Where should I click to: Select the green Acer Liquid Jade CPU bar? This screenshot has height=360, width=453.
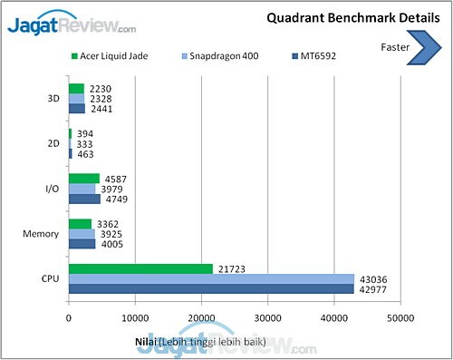pyautogui.click(x=140, y=268)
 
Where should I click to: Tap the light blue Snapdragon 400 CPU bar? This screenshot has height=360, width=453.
pyautogui.click(x=211, y=278)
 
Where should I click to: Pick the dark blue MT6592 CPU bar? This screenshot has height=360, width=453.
pyautogui.click(x=211, y=289)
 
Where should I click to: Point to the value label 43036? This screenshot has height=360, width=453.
pyautogui.click(x=373, y=278)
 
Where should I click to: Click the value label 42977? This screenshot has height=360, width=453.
pyautogui.click(x=373, y=289)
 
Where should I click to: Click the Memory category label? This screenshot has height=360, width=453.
pyautogui.click(x=41, y=233)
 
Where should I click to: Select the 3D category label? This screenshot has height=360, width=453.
pyautogui.click(x=53, y=99)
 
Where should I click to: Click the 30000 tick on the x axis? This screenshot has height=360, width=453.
pyautogui.click(x=268, y=317)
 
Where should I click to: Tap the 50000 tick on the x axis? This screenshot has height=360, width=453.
pyautogui.click(x=400, y=317)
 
